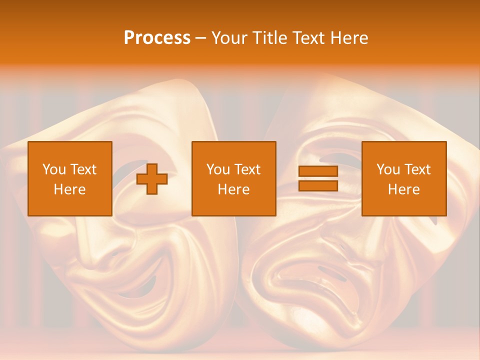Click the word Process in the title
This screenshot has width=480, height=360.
[157, 38]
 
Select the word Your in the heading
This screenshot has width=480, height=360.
[229, 38]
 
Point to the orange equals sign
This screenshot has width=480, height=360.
[318, 178]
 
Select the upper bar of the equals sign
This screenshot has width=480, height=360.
[318, 171]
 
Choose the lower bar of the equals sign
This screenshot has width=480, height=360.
[318, 185]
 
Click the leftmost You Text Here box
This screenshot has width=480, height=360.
[70, 178]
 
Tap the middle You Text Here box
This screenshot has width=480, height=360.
[233, 178]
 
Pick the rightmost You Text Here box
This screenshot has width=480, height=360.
[404, 178]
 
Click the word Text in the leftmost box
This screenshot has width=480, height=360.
[83, 169]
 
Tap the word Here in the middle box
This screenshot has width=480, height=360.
[233, 189]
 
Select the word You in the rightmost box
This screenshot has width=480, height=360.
[388, 169]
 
